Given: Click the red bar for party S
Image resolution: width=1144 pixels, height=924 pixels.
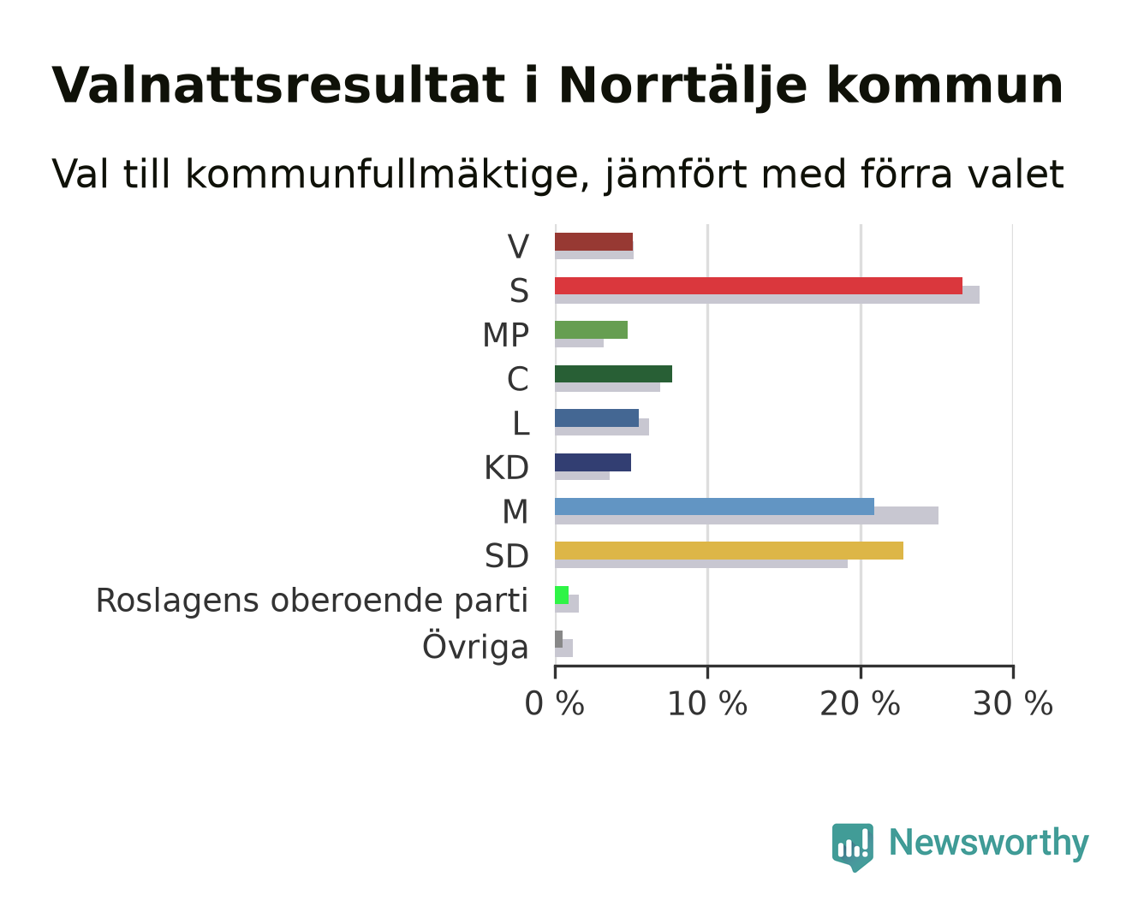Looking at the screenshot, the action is pyautogui.click(x=759, y=286).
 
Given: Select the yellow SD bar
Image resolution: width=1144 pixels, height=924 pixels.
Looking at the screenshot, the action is pyautogui.click(x=729, y=550).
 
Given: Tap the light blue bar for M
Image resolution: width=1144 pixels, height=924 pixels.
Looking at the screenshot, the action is pyautogui.click(x=714, y=506).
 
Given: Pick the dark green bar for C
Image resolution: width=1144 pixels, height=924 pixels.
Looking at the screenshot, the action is pyautogui.click(x=613, y=374).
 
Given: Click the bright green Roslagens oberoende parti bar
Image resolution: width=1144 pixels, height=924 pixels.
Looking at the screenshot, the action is pyautogui.click(x=562, y=595).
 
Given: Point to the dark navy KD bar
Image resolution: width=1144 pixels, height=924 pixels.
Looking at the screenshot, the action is pyautogui.click(x=593, y=462).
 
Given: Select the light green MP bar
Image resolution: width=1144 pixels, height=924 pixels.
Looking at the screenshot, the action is pyautogui.click(x=592, y=329).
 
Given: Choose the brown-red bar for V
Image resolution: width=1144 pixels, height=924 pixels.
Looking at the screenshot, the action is pyautogui.click(x=593, y=241).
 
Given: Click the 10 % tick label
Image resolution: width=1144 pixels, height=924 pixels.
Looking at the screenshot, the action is pyautogui.click(x=707, y=703).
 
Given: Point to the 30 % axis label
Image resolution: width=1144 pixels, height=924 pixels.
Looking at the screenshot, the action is pyautogui.click(x=1013, y=703).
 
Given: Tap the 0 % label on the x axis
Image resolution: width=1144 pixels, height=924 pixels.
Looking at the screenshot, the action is pyautogui.click(x=554, y=703).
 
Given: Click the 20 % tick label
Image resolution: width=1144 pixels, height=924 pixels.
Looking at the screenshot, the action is pyautogui.click(x=860, y=703).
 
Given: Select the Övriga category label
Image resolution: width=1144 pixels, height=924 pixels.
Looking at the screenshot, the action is pyautogui.click(x=475, y=646).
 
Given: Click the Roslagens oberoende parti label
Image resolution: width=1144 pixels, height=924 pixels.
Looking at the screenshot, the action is pyautogui.click(x=312, y=600).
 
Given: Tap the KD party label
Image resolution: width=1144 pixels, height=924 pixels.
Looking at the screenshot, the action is pyautogui.click(x=506, y=467).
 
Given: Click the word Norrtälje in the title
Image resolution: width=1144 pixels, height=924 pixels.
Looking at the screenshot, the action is pyautogui.click(x=683, y=86).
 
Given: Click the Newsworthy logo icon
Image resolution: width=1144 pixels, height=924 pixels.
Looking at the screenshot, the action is pyautogui.click(x=852, y=847).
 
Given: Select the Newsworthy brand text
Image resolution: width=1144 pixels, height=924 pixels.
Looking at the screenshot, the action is pyautogui.click(x=989, y=844).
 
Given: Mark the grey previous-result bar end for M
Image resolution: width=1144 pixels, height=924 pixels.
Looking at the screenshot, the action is pyautogui.click(x=938, y=515).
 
